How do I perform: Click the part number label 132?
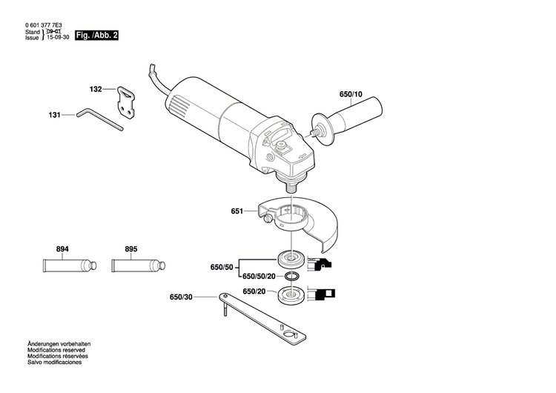tap(96, 89)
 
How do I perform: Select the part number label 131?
tap(54, 115)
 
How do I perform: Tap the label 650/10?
tap(351, 95)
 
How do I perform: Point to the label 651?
tap(236, 211)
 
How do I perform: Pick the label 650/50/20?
tap(259, 277)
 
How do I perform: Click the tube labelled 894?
tap(66, 265)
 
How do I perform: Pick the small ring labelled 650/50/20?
tap(292, 277)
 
